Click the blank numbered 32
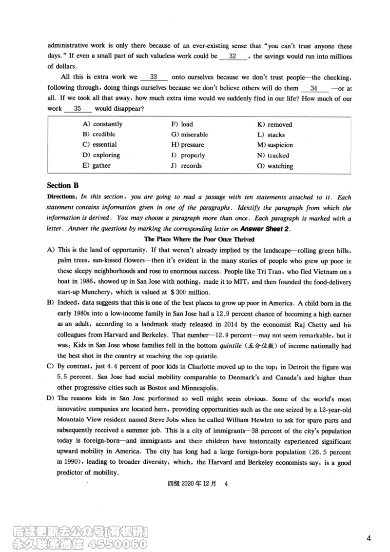(233, 56)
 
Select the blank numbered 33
(154, 77)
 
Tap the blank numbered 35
(78, 109)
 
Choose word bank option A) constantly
(103, 124)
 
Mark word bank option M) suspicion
(275, 145)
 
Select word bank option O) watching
(275, 166)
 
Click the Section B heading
(62, 185)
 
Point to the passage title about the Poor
(199, 239)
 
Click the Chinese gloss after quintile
(291, 346)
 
